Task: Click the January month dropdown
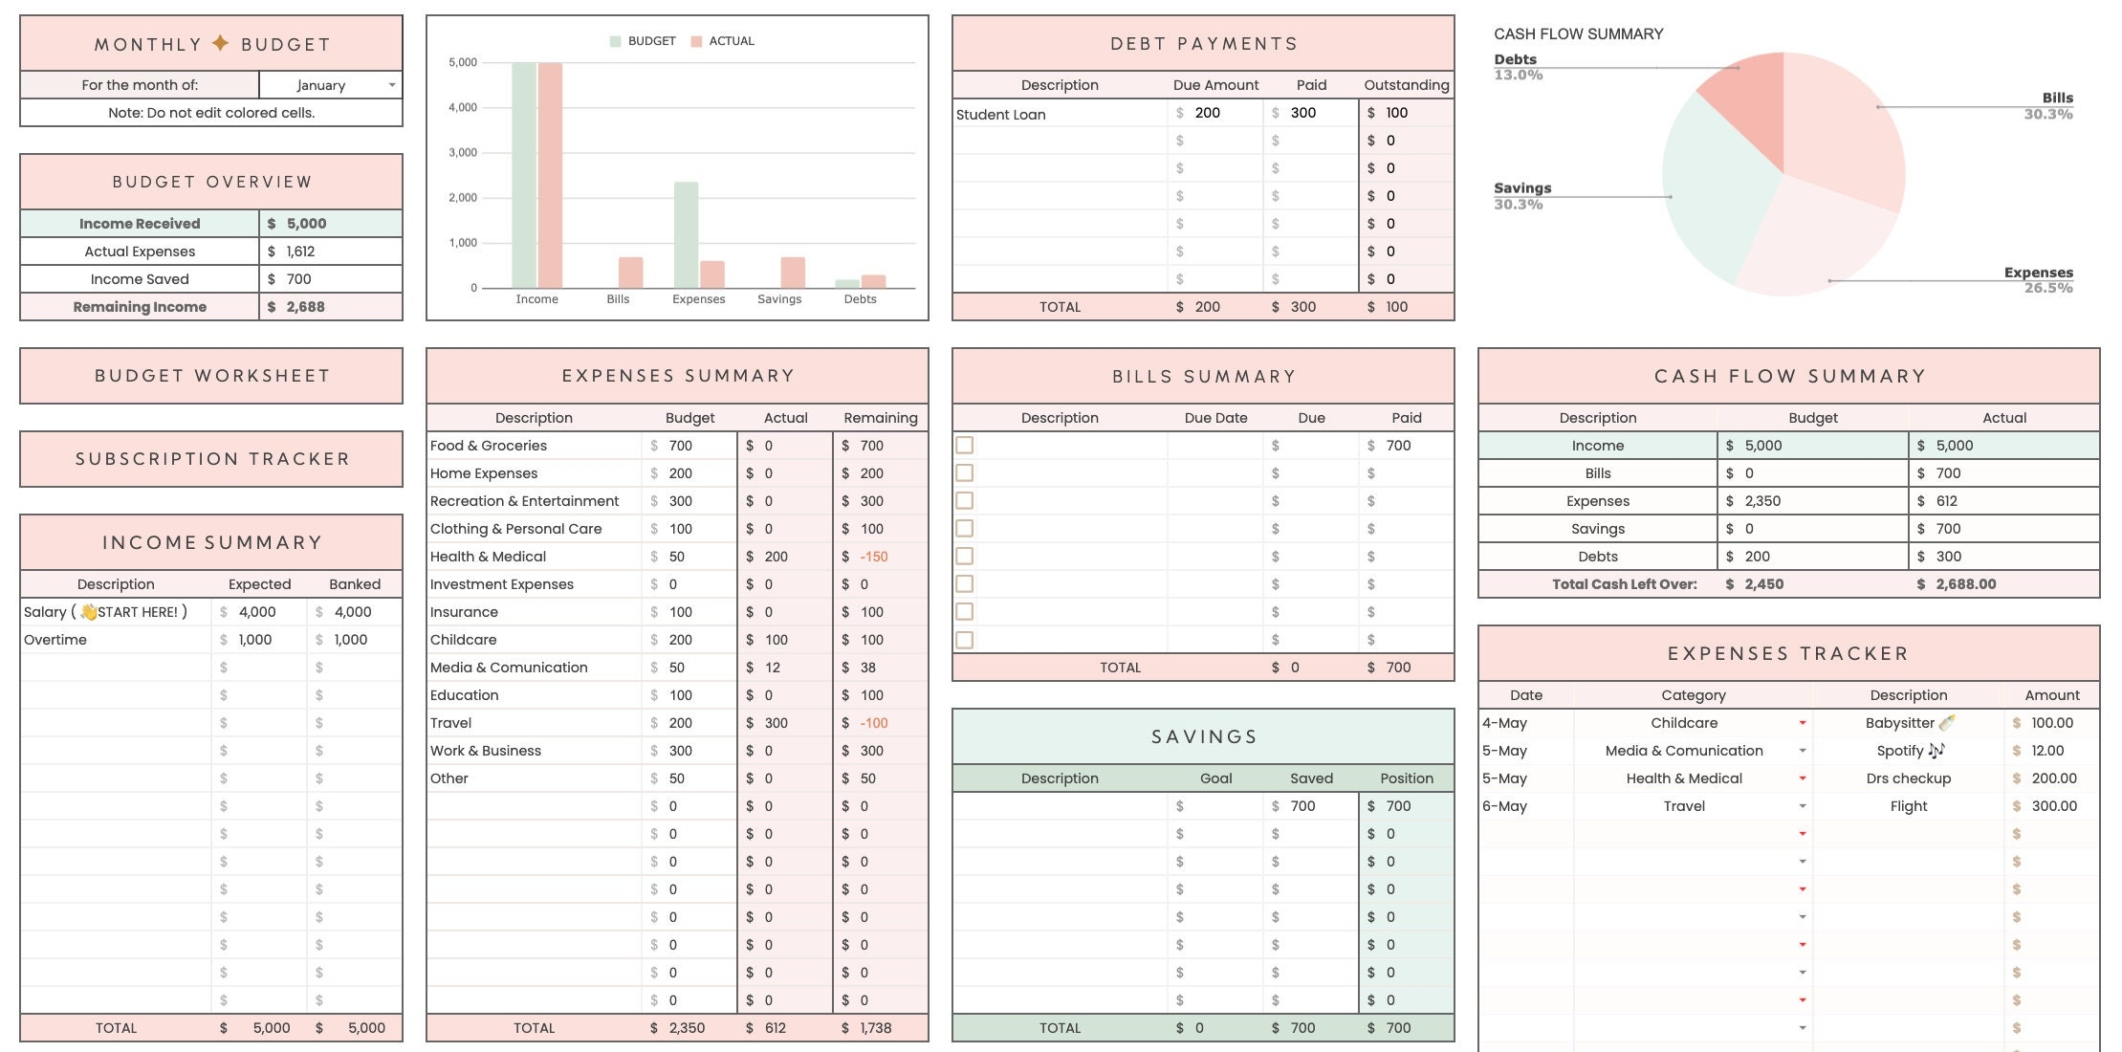(330, 85)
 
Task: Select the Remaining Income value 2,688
(305, 307)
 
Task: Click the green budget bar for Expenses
(686, 234)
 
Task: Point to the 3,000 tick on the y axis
(463, 153)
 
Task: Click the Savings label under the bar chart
(779, 299)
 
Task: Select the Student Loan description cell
(1001, 114)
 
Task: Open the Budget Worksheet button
(211, 376)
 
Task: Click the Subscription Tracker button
(211, 459)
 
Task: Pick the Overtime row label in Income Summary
(55, 640)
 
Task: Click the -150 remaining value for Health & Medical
(873, 557)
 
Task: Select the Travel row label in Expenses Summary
(451, 723)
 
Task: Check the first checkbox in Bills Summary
(965, 446)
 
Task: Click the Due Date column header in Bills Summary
(1215, 418)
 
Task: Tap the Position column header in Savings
(1407, 778)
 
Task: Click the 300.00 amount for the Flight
(2053, 806)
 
